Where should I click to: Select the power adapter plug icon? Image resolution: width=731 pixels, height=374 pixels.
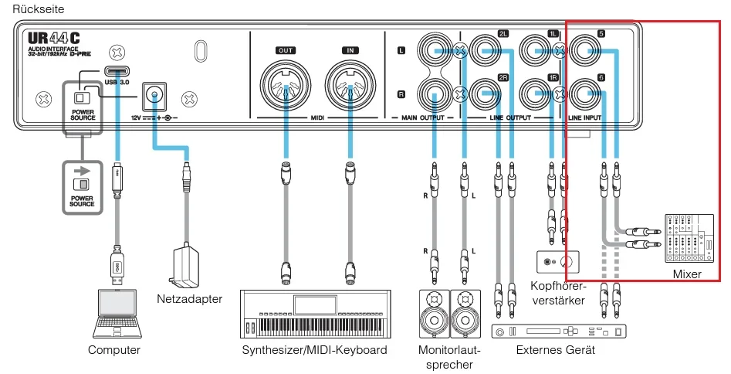184,263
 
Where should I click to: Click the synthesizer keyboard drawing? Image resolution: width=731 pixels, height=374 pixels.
313,313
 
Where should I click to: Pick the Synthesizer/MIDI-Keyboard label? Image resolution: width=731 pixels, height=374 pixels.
314,350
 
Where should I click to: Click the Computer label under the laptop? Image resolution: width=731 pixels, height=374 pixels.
114,350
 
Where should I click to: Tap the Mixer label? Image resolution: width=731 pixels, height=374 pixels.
687,274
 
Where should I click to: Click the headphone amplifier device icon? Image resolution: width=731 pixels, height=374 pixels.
558,261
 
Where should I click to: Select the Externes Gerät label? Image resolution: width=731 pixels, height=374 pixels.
556,350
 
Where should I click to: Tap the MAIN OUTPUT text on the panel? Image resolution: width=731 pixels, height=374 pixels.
421,118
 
